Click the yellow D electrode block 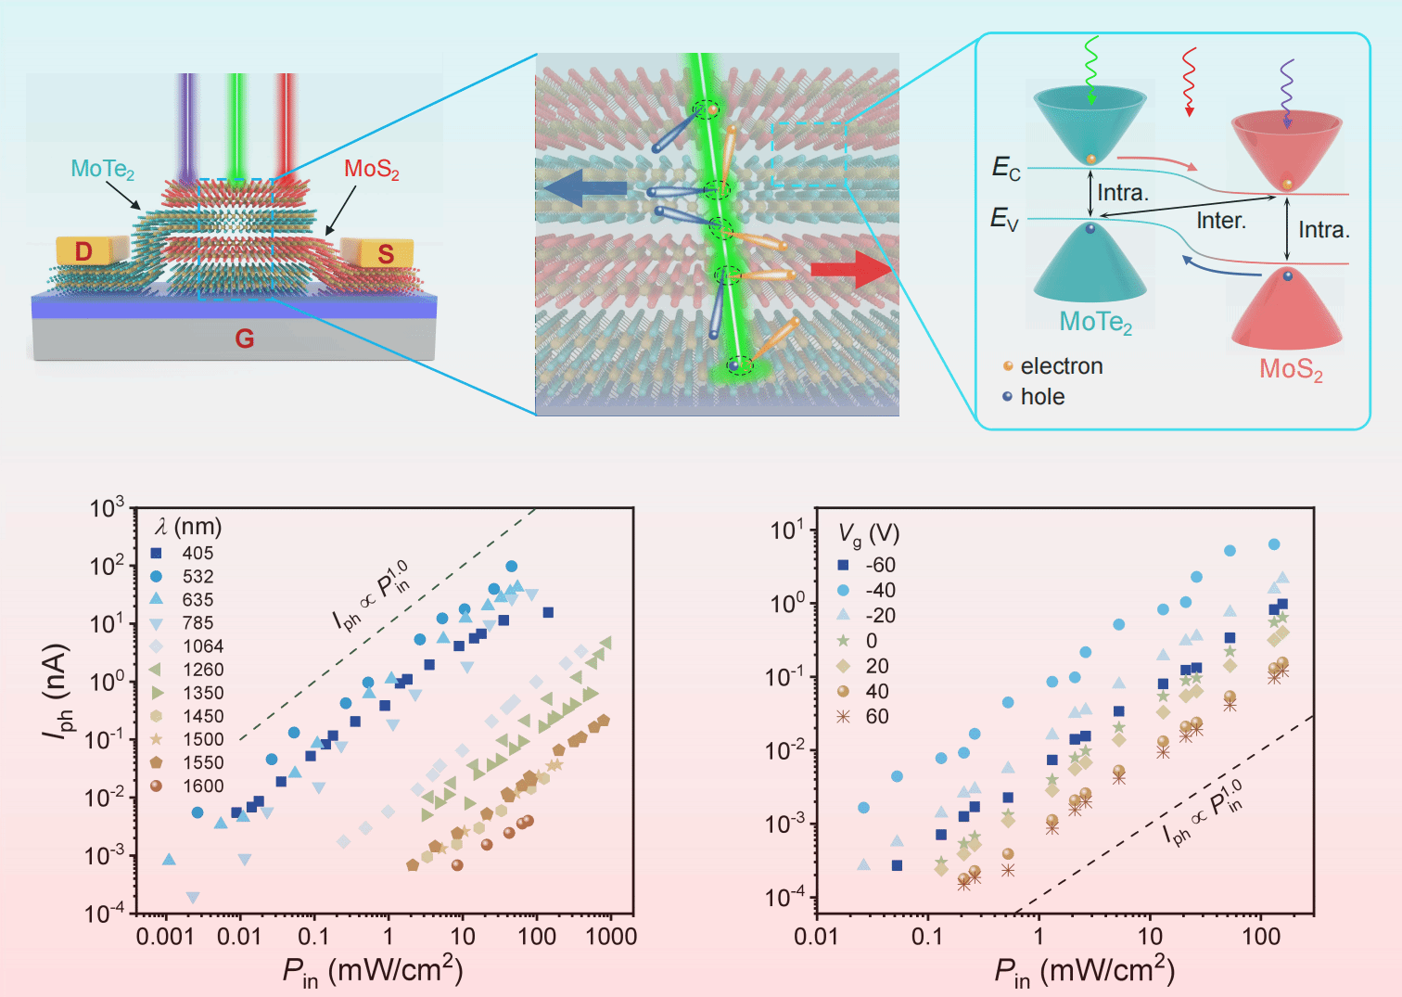coord(90,250)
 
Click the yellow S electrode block coord(376,252)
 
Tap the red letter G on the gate coord(244,339)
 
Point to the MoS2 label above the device coord(372,170)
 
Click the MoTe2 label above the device coord(103,170)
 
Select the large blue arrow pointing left coord(584,189)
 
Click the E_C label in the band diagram coord(1006,168)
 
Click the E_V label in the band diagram coord(1004,219)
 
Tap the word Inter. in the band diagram coord(1221,221)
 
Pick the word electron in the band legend coord(1061,366)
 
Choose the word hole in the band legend coord(1042,397)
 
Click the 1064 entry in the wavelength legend coord(202,646)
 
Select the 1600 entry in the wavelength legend coord(202,786)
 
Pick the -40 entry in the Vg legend coord(879,591)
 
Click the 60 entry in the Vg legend coord(876,717)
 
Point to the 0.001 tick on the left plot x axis coord(165,937)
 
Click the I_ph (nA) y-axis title coord(57,691)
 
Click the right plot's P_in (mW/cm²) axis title coord(1084,971)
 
